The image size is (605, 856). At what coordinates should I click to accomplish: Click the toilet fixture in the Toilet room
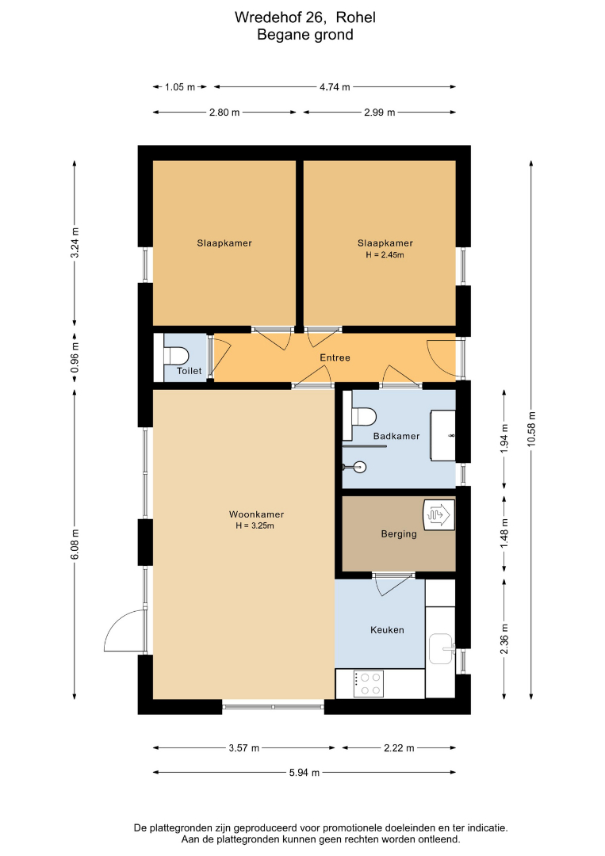coord(176,356)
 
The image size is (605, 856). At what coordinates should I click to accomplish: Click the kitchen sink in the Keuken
coord(441,648)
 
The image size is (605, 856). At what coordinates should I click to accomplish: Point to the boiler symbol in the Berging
coord(438,514)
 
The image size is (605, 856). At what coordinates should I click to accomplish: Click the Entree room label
coord(335,357)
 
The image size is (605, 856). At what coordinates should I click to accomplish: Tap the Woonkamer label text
coord(256,514)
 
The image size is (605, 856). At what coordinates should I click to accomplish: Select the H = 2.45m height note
coord(385,255)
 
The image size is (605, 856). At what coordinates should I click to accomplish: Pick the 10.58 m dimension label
coord(532,429)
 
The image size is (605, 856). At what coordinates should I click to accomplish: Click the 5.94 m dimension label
coord(304,773)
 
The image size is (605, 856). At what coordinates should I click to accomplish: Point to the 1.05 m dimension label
coord(180,87)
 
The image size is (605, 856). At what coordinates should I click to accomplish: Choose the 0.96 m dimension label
coord(75,358)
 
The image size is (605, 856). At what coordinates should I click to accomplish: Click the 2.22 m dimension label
coord(399,748)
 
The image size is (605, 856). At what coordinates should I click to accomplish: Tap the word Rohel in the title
coord(355,17)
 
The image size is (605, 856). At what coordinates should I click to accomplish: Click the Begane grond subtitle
coord(305,35)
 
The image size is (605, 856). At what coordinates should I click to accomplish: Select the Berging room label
coord(399,534)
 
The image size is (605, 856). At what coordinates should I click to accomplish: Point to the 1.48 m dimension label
coord(504,533)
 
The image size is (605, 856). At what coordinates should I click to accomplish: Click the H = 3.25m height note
coord(255,526)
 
